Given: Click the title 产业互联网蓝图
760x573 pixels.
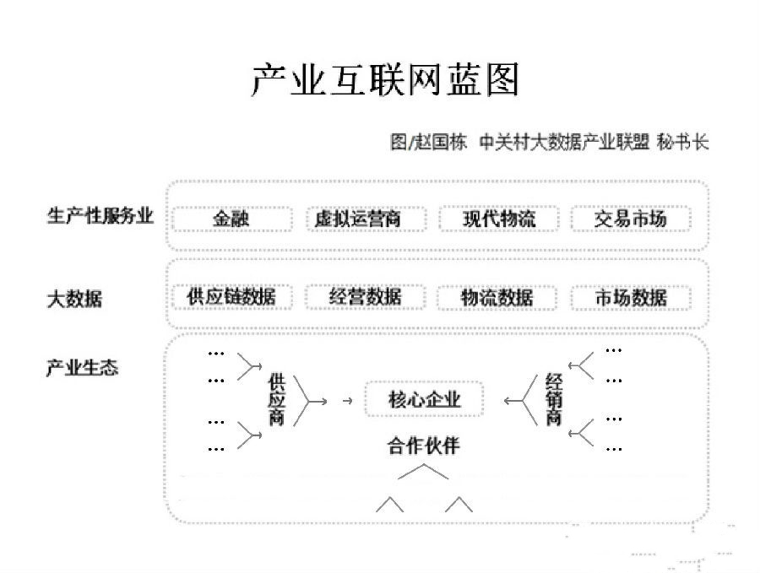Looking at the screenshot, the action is click(x=385, y=79).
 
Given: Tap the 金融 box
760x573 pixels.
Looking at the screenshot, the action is click(x=232, y=219).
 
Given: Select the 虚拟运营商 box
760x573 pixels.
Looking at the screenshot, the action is click(x=366, y=219).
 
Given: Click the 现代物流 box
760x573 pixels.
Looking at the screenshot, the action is click(x=499, y=219).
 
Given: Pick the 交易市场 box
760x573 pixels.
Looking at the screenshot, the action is click(x=631, y=219).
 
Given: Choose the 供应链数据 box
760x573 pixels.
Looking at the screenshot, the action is click(x=232, y=297).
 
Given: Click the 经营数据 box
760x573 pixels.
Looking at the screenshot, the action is click(x=366, y=297).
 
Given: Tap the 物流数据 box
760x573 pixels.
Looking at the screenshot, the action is click(x=497, y=297).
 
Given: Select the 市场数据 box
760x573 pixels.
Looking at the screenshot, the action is click(x=631, y=297).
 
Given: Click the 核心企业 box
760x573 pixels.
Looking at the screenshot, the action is click(x=424, y=399).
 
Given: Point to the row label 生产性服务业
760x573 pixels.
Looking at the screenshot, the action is click(x=100, y=215).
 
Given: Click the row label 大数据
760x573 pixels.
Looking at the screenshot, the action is click(x=74, y=299).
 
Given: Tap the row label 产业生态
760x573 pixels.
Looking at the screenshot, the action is click(x=83, y=368).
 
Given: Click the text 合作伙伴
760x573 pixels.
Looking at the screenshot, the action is click(x=424, y=445).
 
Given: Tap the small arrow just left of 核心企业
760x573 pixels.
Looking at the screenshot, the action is click(x=347, y=401).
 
